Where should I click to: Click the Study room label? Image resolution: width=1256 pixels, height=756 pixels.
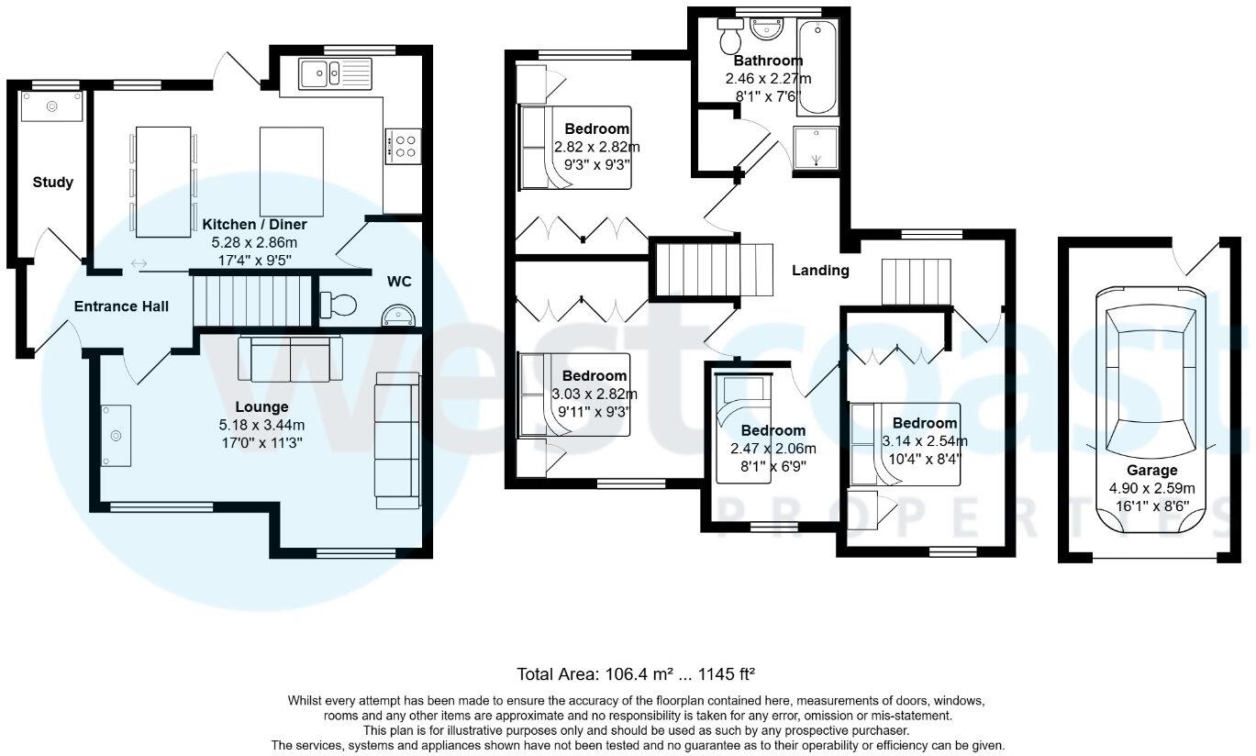pos(52,182)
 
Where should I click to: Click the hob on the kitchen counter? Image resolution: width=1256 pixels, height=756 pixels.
pos(404,145)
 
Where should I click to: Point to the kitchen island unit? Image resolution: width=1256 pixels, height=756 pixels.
pos(292,172)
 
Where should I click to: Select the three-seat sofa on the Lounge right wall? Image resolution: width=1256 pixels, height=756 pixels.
pos(397,440)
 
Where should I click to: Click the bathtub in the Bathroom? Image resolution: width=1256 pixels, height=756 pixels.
pos(817,69)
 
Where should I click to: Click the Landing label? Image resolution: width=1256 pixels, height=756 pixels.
pos(820,270)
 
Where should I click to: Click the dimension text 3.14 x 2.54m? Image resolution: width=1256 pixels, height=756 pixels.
pos(924,440)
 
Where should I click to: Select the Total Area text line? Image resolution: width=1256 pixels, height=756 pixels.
pos(635,673)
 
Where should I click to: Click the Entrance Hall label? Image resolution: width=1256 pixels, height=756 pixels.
pos(121,306)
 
